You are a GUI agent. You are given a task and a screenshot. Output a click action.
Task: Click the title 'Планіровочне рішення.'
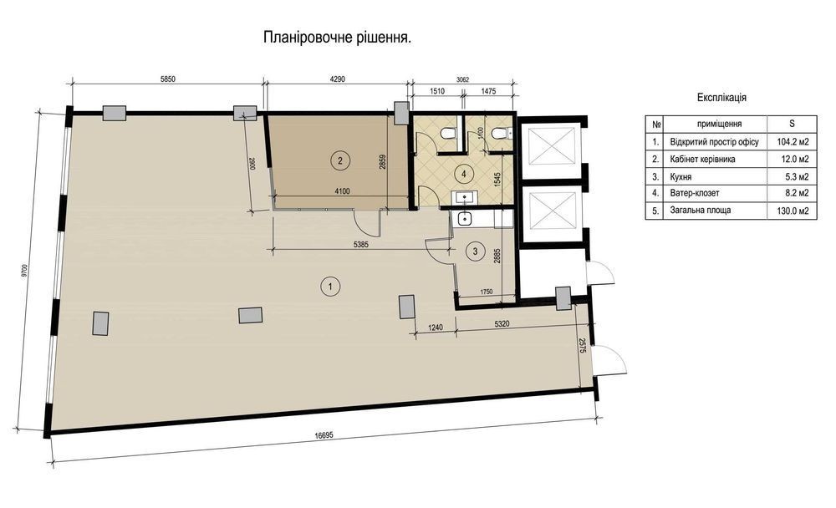pos(337,38)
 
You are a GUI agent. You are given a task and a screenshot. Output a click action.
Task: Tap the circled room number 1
pos(330,287)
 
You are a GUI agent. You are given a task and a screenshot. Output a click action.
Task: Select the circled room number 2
pos(340,159)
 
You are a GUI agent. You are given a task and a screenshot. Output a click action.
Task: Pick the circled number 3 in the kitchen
pos(476,251)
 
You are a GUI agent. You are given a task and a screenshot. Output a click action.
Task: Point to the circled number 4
pos(464,174)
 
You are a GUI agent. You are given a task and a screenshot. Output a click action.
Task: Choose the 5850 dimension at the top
pos(167,79)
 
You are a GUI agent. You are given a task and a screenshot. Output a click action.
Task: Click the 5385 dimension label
pos(361,244)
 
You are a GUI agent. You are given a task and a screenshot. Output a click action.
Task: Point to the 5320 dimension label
pos(502,324)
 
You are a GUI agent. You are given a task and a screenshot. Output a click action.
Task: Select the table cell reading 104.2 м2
pos(793,142)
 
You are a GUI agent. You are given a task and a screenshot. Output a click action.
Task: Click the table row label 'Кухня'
pos(681,176)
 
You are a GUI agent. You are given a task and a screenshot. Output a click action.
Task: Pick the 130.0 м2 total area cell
pos(793,211)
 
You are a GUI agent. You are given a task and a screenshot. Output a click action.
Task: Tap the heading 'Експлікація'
pos(721,98)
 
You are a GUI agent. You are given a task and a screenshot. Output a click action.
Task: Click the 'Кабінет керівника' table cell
pos(703,160)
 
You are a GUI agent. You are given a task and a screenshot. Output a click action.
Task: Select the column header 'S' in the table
pos(792,124)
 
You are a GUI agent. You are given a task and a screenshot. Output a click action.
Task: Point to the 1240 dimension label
pos(436,328)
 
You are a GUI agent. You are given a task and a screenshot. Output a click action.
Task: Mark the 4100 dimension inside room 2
pos(342,190)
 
